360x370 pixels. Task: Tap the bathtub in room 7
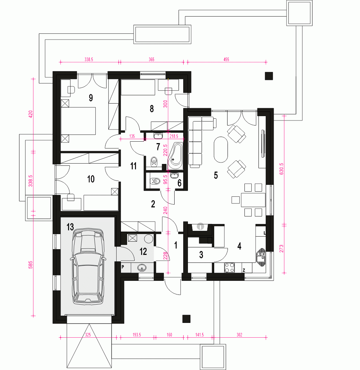pos(176,156)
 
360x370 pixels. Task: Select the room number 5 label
pos(216,175)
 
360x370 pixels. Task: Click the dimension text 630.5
pos(281,169)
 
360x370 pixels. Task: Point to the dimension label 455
pos(226,59)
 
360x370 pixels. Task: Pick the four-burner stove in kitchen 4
pos(229,268)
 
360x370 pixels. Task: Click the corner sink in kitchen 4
pos(261,257)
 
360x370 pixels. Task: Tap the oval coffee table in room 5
pos(221,150)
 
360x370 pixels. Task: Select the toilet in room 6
pos(155,181)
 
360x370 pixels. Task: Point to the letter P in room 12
pos(123,267)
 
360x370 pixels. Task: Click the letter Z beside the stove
pos(244,270)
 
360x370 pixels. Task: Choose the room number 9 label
pos(91,98)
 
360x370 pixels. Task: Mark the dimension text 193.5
pos(137,335)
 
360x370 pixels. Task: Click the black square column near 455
pos(269,76)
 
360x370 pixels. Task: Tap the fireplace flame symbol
pos(200,227)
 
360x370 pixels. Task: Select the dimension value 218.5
pos(174,136)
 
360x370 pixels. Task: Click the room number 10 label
pos(91,179)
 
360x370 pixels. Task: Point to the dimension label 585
pos(31,265)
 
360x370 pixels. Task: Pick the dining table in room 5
pos(253,200)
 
